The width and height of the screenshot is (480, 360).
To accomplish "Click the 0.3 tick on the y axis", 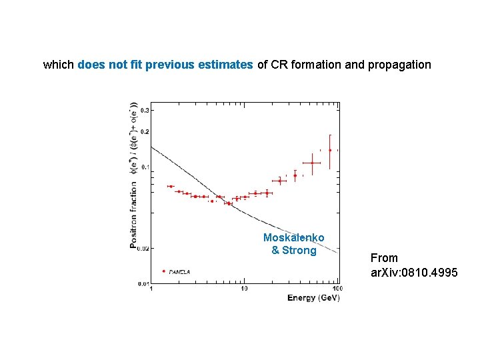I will pos(144,110).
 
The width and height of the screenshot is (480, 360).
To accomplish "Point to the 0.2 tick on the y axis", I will pos(144,132).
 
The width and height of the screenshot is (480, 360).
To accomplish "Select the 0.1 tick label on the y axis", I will pos(144,167).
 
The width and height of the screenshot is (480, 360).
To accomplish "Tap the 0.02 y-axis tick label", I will pos(143,248).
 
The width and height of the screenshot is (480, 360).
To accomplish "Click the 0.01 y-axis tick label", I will pos(143,284).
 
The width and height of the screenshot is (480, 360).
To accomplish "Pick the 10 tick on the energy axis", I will pos(244,289).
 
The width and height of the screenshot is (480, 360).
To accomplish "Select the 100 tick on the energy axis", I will pos(337,289).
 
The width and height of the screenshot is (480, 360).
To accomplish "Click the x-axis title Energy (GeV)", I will pos(313,297).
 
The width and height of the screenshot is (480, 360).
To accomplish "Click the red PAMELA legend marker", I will pos(164,271).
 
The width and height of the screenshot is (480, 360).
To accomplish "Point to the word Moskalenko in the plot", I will pos(293,238).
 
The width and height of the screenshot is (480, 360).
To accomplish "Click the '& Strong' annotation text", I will pos(293,251).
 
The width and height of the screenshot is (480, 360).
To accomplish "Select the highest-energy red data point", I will pos(329,150).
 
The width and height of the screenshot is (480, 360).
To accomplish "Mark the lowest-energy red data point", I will pos(171,186).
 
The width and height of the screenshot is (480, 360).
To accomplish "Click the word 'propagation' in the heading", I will pos(399,65).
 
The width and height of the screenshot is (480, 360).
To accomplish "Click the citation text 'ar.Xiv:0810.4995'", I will pos(414,272).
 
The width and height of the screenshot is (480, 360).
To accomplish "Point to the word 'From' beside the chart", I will pos(384,258).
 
